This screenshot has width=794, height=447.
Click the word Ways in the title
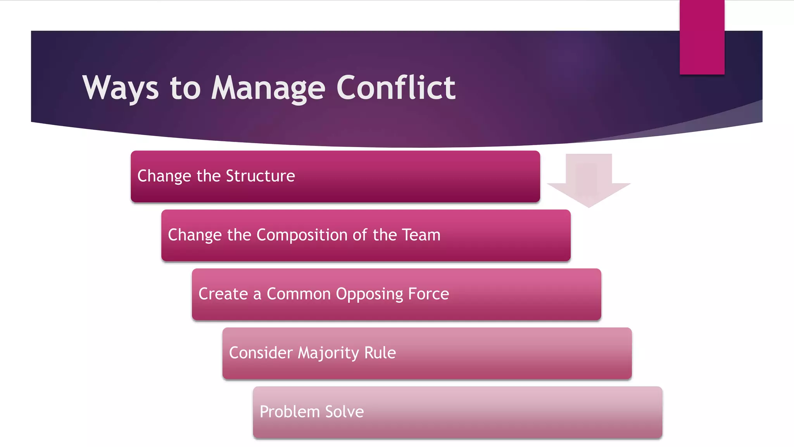pyautogui.click(x=121, y=88)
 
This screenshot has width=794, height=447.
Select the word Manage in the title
pyautogui.click(x=268, y=88)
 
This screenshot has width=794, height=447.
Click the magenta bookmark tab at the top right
pyautogui.click(x=702, y=37)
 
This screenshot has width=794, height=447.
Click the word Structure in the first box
pyautogui.click(x=260, y=176)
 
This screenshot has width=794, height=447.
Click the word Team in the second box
pyautogui.click(x=421, y=235)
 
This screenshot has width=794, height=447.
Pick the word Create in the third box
pyautogui.click(x=223, y=294)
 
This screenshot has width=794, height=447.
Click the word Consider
pyautogui.click(x=261, y=353)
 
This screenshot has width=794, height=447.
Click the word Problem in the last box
pyautogui.click(x=289, y=412)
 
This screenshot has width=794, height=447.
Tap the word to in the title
pyautogui.click(x=185, y=88)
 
